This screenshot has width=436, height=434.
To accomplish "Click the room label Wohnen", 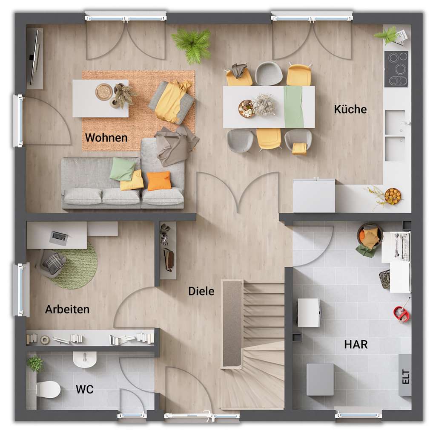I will (x=106, y=138).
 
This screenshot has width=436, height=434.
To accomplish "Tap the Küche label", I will (x=350, y=109).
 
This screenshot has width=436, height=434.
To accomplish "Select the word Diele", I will (x=201, y=291).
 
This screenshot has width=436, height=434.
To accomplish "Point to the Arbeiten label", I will (x=67, y=309).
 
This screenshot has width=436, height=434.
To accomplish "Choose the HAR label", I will (x=356, y=344).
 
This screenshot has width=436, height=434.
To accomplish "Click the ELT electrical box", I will (x=405, y=375).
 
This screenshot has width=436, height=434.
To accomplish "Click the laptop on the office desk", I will (x=59, y=237).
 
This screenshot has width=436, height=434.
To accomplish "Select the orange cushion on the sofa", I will (x=159, y=181).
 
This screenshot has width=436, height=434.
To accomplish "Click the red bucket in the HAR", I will (x=401, y=314).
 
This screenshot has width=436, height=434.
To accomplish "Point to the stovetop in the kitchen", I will (x=396, y=69).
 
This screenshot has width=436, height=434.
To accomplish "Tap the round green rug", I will (x=79, y=266).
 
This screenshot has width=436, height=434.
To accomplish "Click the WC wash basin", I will (x=84, y=359).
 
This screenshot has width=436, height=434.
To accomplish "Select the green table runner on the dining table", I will (x=294, y=107).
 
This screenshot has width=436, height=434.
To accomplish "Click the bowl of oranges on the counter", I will (x=392, y=196).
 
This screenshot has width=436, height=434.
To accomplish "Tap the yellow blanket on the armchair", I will (x=172, y=101).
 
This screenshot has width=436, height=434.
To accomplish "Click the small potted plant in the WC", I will (x=35, y=364).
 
